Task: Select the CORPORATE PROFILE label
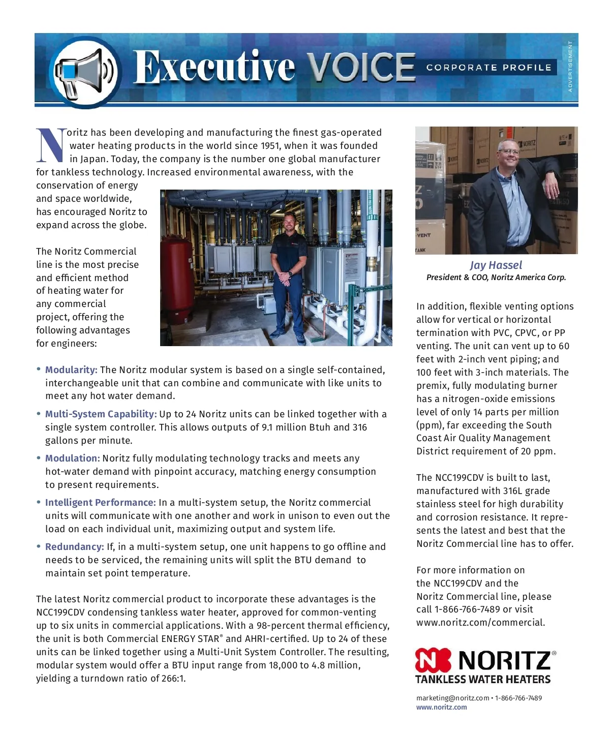click(489, 68)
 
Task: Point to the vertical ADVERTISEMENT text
click(570, 67)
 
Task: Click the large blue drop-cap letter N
click(51, 145)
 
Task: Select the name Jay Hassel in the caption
click(496, 265)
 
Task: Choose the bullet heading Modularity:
click(71, 370)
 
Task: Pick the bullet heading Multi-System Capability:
click(101, 414)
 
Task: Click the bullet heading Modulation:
click(72, 458)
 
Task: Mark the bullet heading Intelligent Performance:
click(100, 503)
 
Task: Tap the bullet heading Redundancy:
click(74, 547)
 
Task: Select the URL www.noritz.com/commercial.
click(480, 623)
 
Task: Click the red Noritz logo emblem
click(433, 660)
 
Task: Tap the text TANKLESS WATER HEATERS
click(483, 680)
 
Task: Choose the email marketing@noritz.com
click(452, 698)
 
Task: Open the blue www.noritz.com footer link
click(441, 708)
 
